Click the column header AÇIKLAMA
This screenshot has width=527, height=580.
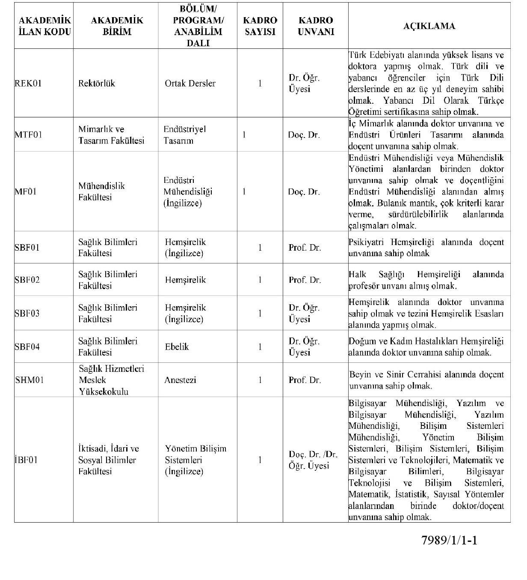[x=429, y=26]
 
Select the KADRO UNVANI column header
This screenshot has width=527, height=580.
[x=315, y=26]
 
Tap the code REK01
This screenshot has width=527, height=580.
[x=28, y=84]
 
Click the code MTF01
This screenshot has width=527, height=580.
[x=29, y=135]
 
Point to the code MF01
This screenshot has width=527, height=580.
[x=26, y=191]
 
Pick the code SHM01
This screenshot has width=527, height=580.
[x=30, y=380]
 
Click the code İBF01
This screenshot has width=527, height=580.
[x=26, y=460]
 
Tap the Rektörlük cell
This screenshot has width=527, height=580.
[x=97, y=84]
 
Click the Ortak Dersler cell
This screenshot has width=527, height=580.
[x=190, y=84]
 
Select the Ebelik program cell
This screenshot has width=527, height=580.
[x=177, y=347]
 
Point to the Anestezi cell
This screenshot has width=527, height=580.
[x=180, y=380]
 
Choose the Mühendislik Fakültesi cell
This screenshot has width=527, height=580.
[x=102, y=191]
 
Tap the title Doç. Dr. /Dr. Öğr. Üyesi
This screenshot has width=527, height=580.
[x=313, y=460]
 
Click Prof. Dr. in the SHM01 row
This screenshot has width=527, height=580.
[x=305, y=380]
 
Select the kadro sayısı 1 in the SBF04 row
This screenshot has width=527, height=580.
[x=260, y=347]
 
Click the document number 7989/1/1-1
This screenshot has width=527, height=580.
[x=449, y=540]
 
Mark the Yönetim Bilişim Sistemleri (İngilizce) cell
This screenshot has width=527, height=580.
[x=195, y=460]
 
